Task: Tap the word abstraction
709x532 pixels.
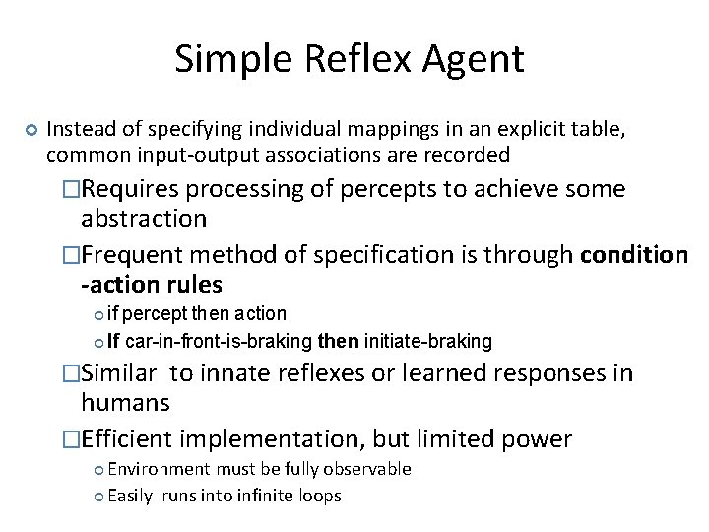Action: (x=143, y=218)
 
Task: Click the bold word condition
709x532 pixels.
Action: (x=634, y=255)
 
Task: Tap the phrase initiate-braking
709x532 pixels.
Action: (x=428, y=342)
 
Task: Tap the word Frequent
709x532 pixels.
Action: (x=132, y=255)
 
